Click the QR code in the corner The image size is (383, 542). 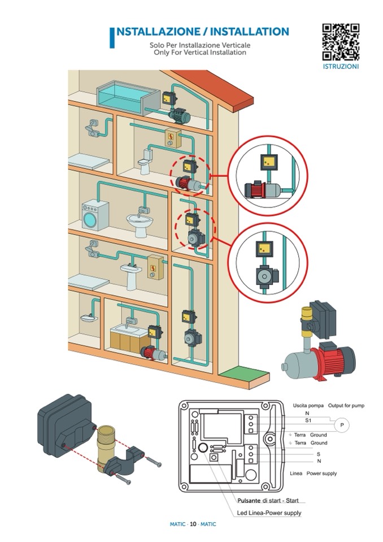341,42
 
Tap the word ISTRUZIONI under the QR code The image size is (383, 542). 341,66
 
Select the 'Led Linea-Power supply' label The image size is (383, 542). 269,513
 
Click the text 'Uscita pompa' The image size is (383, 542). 308,406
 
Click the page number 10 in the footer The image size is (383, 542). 193,524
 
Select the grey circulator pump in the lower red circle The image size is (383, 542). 264,276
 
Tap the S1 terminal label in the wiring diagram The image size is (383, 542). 308,420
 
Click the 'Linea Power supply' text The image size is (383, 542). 312,473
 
